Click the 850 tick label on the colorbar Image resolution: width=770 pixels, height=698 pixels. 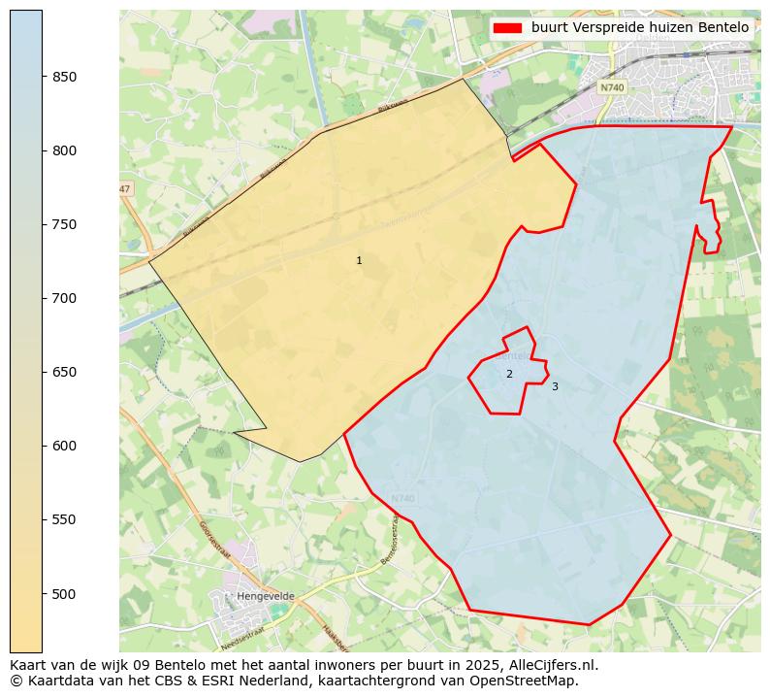click(x=65, y=78)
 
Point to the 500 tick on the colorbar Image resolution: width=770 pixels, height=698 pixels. click(x=65, y=594)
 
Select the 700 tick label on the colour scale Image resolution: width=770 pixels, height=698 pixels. click(x=65, y=299)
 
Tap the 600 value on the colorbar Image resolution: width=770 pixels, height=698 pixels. click(x=65, y=447)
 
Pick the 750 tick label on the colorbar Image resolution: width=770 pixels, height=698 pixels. click(x=65, y=225)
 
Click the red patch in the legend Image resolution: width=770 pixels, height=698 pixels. click(x=507, y=28)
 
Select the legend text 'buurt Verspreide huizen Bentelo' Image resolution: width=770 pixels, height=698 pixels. click(x=639, y=28)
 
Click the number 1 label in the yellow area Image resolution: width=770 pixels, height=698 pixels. click(x=359, y=261)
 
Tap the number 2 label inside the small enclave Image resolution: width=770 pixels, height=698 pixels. click(x=509, y=375)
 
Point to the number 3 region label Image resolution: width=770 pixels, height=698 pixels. click(x=555, y=387)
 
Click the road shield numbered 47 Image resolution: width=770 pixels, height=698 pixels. click(x=125, y=188)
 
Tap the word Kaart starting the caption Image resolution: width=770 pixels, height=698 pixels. click(x=28, y=666)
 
